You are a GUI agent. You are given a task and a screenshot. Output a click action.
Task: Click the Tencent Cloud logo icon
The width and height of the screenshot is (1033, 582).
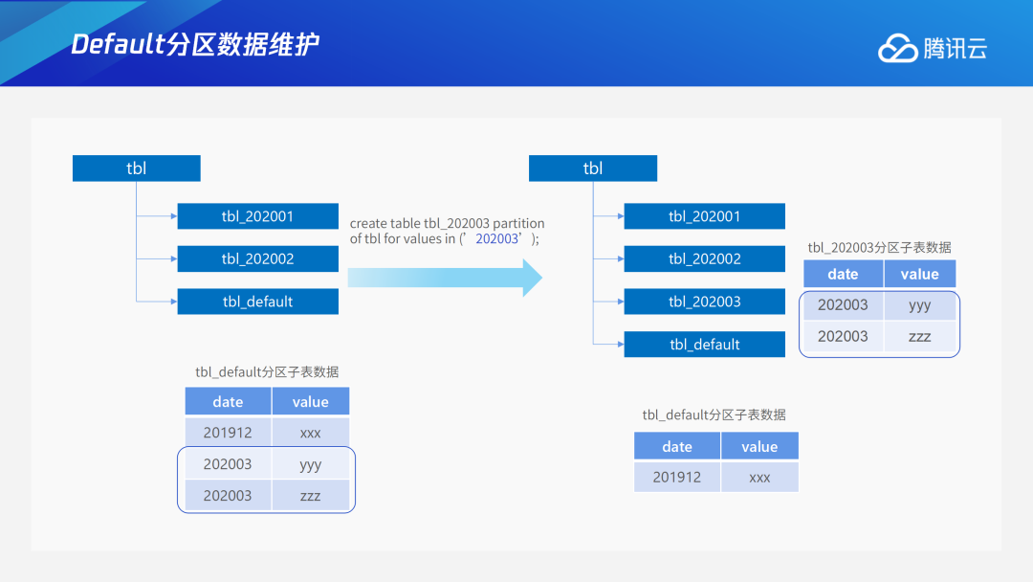897,49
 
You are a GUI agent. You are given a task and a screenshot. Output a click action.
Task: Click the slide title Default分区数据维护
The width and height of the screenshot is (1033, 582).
195,44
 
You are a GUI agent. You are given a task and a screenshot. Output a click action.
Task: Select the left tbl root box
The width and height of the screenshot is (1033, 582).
137,168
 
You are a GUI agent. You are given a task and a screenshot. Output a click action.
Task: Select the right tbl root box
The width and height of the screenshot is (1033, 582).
593,168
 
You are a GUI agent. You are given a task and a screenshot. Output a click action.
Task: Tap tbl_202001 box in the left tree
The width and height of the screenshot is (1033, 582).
257,216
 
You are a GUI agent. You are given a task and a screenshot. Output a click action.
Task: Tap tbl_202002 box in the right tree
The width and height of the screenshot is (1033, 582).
704,258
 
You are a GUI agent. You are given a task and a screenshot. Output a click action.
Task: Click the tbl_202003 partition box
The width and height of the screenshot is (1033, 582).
704,302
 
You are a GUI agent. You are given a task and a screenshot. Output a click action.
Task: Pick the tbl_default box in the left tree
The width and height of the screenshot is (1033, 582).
257,302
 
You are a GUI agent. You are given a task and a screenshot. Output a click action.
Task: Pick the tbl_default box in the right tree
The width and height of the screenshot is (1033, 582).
704,345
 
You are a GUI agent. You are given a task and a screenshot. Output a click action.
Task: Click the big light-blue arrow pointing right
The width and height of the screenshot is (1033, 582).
445,278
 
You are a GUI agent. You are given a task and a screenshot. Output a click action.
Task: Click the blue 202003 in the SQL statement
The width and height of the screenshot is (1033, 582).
497,239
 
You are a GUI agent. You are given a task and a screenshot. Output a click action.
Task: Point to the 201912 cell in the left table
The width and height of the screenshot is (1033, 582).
228,433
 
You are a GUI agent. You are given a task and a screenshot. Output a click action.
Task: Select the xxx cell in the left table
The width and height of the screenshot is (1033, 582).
310,433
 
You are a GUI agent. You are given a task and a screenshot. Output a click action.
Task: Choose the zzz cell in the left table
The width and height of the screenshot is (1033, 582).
310,496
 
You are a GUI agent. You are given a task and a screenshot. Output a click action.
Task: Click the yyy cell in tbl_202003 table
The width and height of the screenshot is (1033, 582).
919,305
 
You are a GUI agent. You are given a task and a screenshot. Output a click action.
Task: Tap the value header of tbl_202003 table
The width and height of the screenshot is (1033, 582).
919,274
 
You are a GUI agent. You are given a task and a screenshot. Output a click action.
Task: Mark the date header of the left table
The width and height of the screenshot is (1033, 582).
228,402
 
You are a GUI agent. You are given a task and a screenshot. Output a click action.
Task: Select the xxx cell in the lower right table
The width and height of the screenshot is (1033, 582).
759,477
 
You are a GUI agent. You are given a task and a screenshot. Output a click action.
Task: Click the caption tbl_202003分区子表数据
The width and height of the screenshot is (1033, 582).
879,247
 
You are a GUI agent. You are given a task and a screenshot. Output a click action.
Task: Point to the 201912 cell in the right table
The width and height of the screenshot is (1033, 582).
676,477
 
